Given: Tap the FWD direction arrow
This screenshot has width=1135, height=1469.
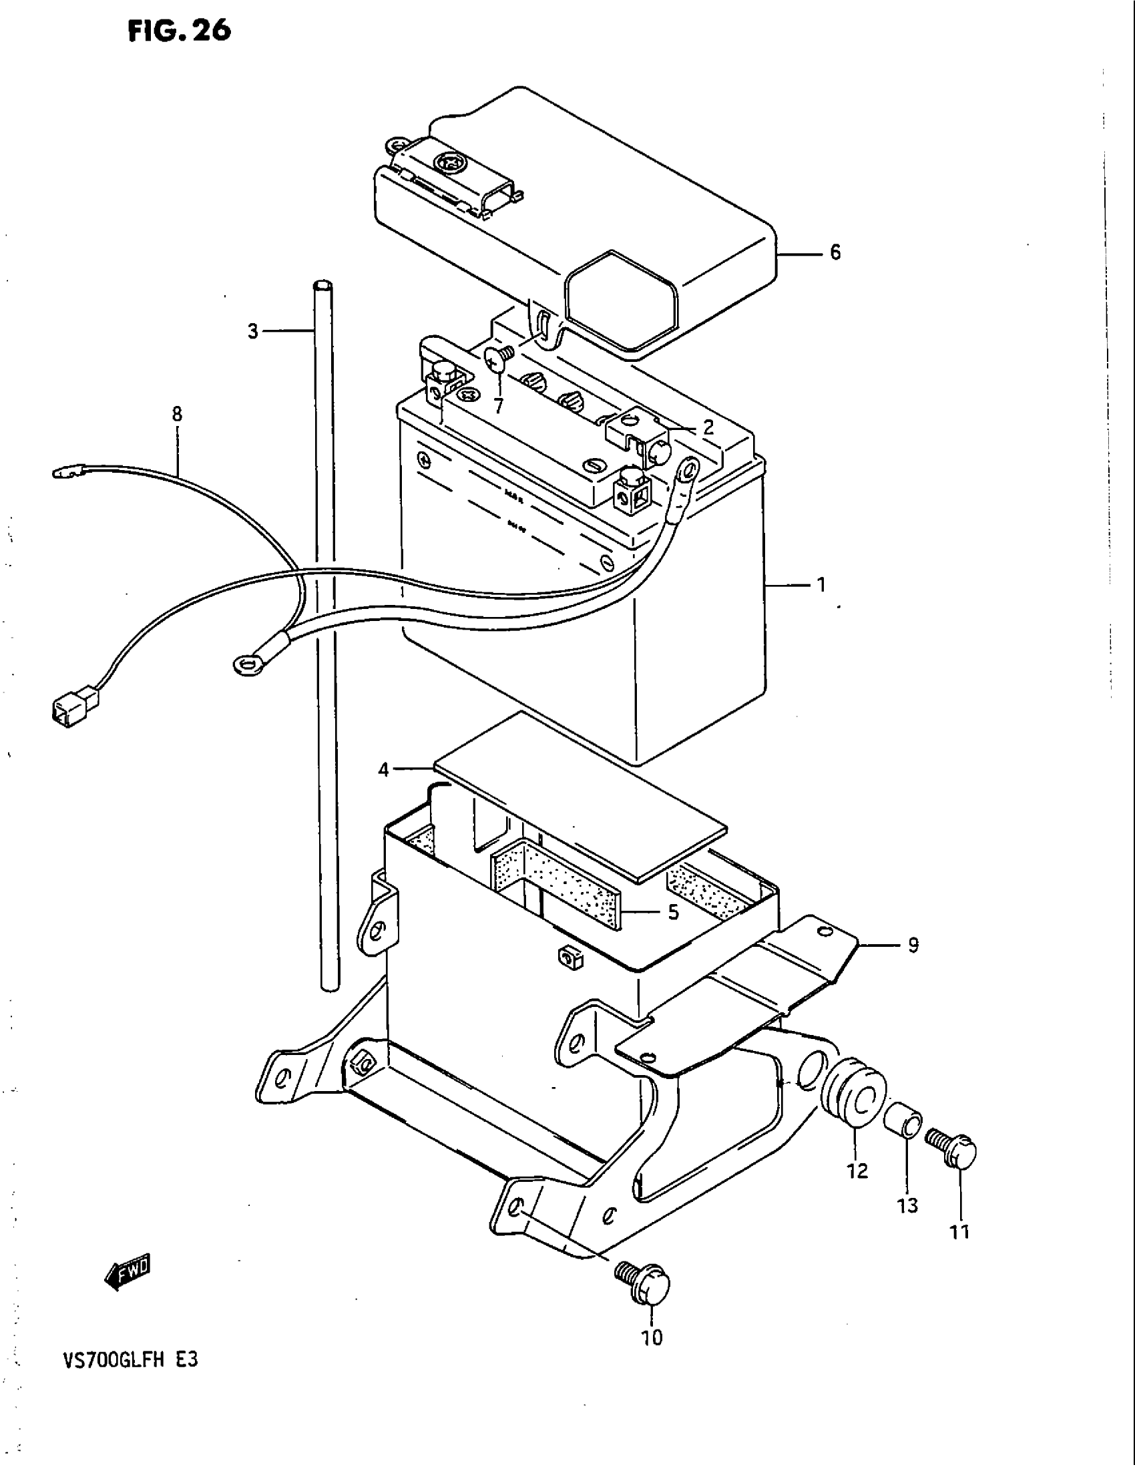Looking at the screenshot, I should coord(128,1272).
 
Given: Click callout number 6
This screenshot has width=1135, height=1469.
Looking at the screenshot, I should coord(835,252).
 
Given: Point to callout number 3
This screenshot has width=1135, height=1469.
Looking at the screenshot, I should coord(253,331).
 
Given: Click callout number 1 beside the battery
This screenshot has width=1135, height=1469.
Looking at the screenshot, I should coord(821,585).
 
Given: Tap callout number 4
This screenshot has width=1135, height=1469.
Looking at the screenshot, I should coord(383,769).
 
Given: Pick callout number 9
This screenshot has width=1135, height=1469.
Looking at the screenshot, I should coord(913,945).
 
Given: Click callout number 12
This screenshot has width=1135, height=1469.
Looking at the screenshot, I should coord(857,1171).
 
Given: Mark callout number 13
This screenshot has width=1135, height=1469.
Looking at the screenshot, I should coord(907,1205).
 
